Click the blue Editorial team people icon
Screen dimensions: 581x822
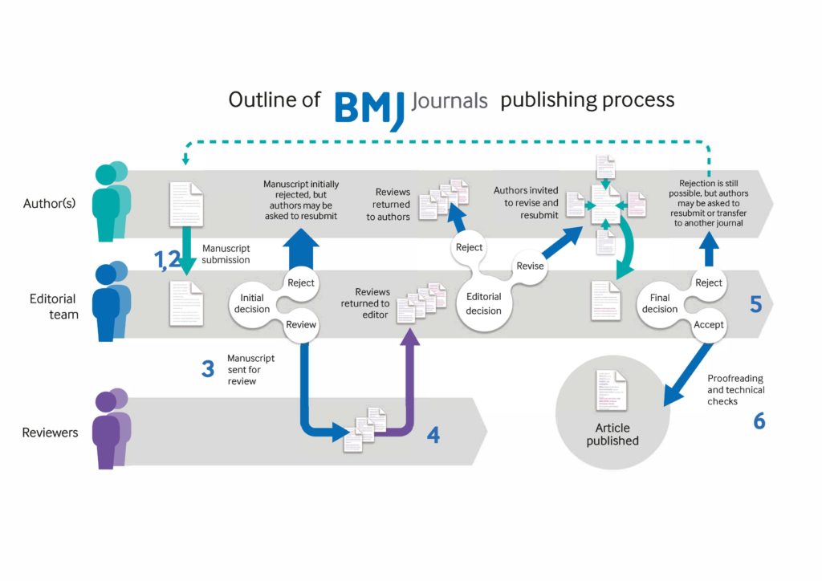point(111,303)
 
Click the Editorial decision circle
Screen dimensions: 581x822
point(483,303)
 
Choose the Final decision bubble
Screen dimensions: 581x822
point(660,303)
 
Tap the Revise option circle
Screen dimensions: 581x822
point(531,266)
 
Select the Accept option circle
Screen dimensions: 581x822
point(708,325)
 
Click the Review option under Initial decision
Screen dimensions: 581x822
point(301,325)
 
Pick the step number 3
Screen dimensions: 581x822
point(208,369)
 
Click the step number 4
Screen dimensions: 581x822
point(433,435)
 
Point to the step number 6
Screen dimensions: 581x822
point(759,421)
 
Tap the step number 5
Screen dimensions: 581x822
point(755,304)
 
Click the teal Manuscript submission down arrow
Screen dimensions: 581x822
point(185,251)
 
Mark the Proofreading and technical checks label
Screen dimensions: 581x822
point(735,389)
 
